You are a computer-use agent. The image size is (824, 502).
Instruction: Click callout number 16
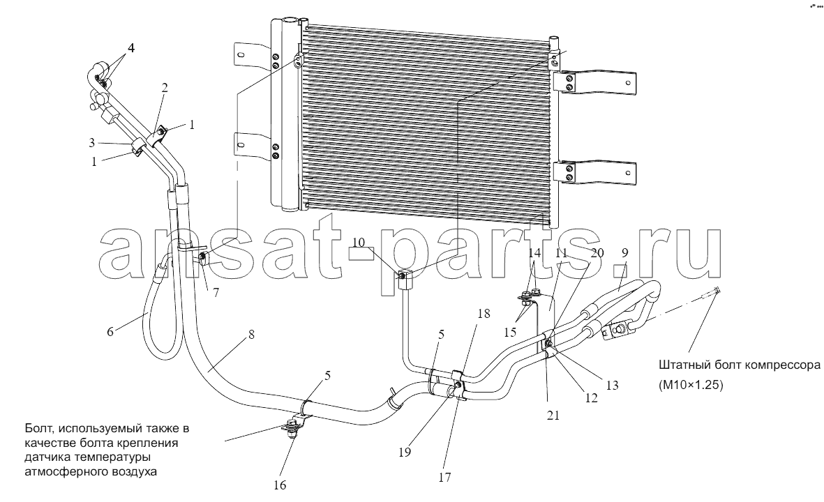tap(280, 485)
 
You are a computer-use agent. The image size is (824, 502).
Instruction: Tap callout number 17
tap(444, 478)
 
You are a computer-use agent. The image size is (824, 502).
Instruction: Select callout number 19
tap(404, 452)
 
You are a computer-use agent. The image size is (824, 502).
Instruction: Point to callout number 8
tap(252, 334)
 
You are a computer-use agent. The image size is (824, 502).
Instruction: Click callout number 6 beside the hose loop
tap(110, 332)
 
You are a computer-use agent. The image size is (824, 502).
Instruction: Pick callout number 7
tap(216, 292)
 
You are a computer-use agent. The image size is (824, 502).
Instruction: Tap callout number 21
tap(553, 416)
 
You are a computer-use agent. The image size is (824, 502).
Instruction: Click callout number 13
tap(612, 385)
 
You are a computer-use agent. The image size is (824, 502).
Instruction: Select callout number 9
tap(624, 252)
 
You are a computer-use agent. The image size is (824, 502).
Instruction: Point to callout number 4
tap(131, 48)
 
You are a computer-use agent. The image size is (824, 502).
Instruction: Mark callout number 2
tap(165, 88)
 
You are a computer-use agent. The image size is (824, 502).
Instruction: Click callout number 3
tap(91, 142)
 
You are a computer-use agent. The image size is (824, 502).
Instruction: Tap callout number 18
tap(484, 314)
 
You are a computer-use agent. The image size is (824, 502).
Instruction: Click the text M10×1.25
tap(691, 385)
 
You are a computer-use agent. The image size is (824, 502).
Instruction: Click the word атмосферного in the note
tap(57, 471)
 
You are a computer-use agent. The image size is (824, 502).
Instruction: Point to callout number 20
tap(597, 252)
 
